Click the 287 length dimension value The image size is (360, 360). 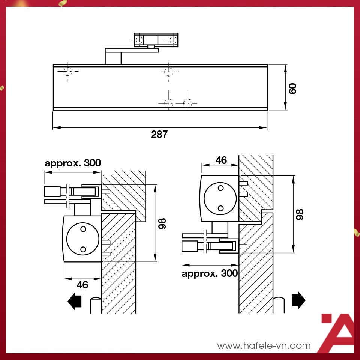(159, 135)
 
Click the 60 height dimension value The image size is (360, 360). (292, 88)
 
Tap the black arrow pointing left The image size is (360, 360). (75, 301)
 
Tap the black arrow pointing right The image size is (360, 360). (298, 300)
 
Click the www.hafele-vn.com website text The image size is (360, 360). (264, 345)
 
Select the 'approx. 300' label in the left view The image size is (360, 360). (73, 163)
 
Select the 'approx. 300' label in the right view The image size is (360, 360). (210, 273)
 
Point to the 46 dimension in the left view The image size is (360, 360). (82, 285)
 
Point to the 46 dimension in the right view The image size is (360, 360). (221, 160)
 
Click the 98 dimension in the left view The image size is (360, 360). (162, 223)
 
